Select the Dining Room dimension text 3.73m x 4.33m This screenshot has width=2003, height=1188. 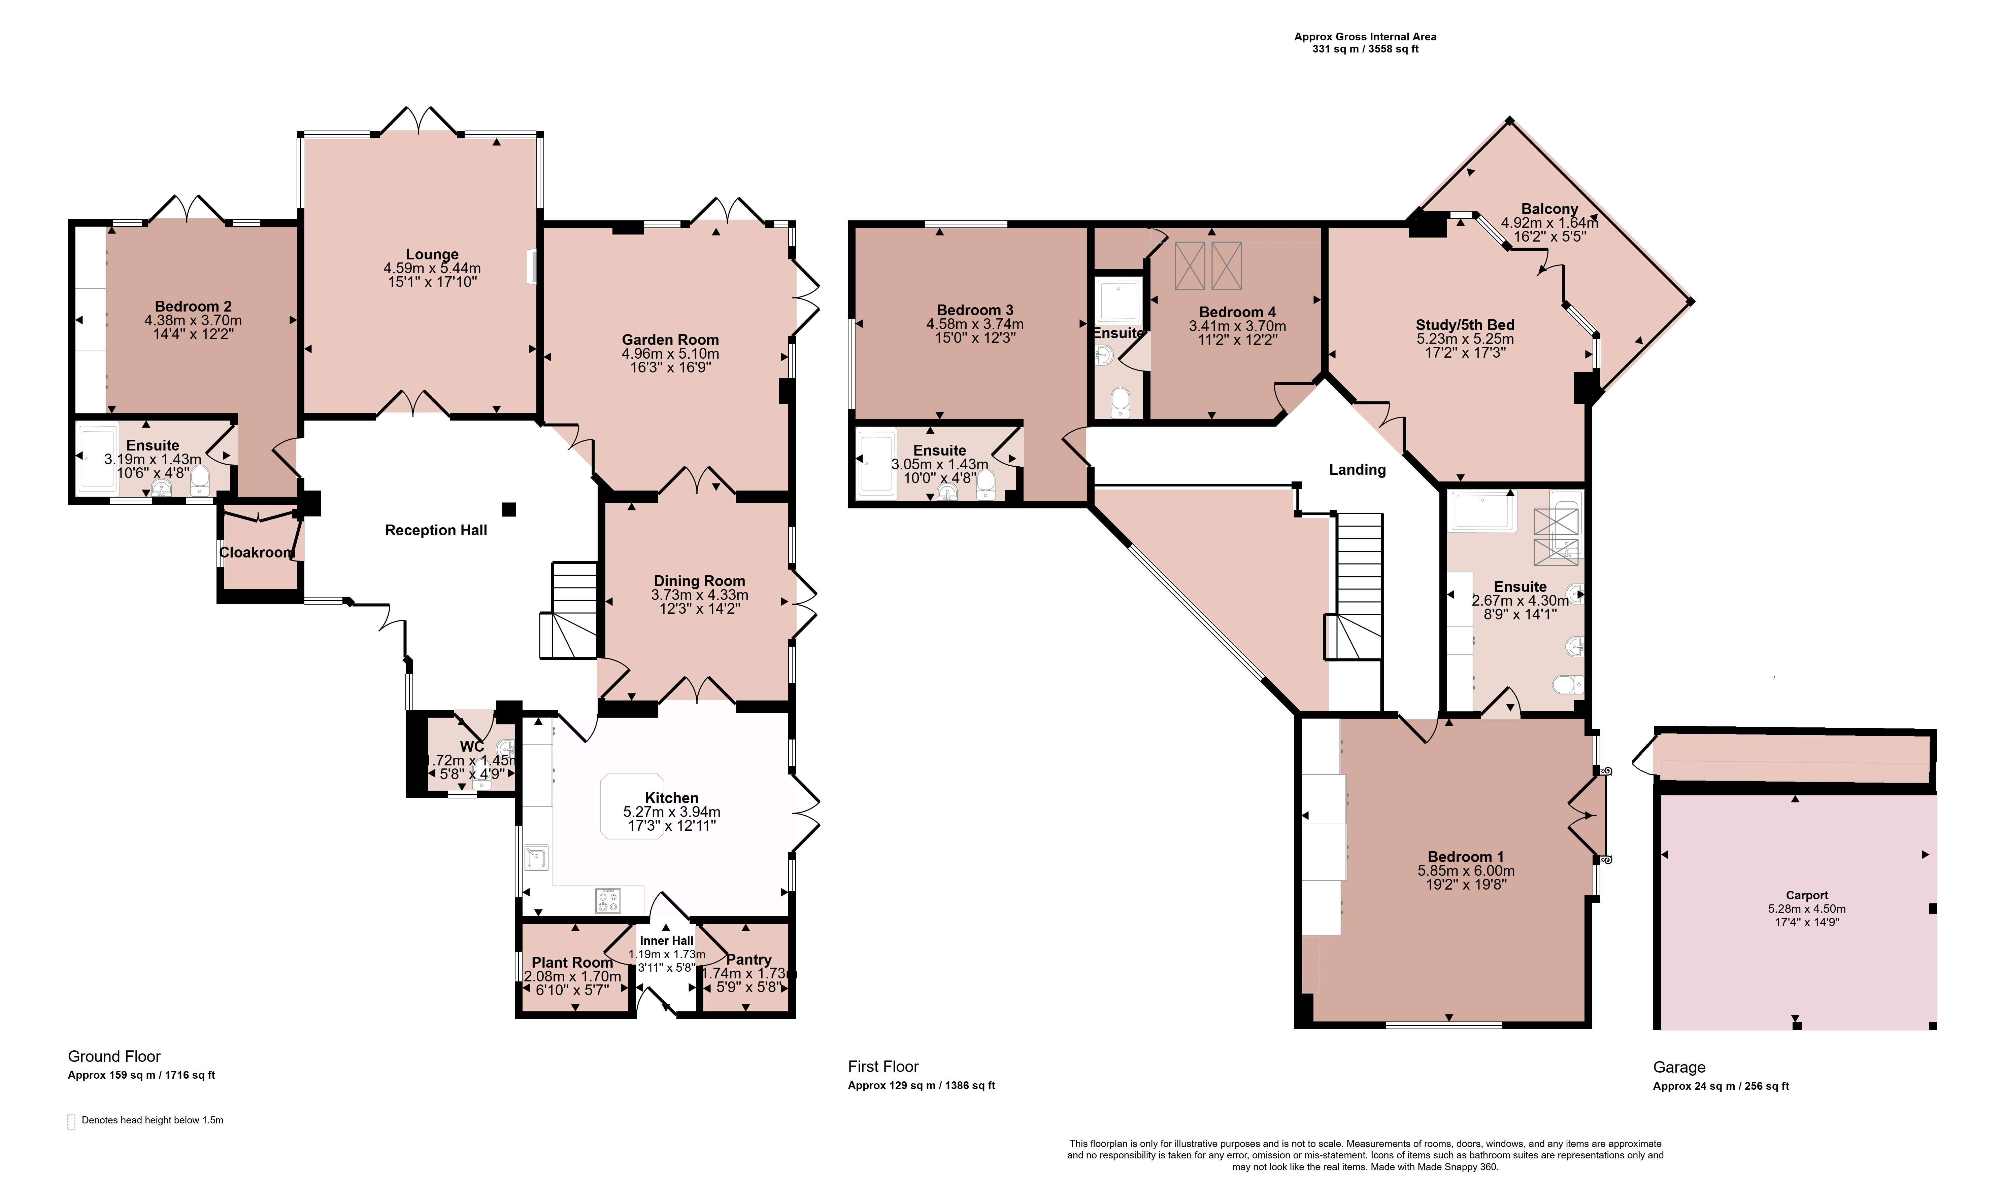(x=699, y=595)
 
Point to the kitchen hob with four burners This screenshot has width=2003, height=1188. (x=608, y=901)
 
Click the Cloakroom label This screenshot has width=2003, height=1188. (x=257, y=552)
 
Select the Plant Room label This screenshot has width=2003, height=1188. (x=572, y=962)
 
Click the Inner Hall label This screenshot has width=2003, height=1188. (x=666, y=941)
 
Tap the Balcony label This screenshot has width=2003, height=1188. (x=1550, y=209)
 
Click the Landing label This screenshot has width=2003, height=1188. (x=1358, y=470)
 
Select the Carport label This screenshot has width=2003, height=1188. (x=1807, y=895)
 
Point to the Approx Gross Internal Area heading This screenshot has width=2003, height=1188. (x=1366, y=37)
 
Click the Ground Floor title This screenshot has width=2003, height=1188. (x=114, y=1057)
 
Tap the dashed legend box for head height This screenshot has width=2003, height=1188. (x=71, y=1122)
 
